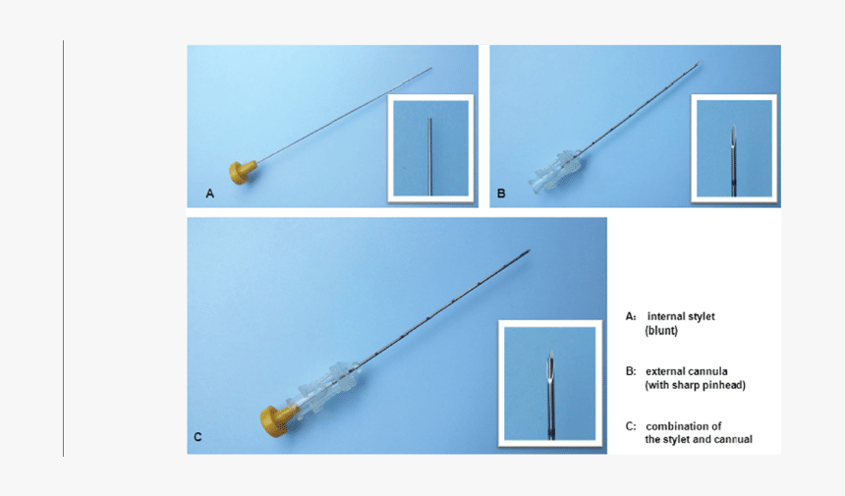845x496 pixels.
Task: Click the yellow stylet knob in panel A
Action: (242, 172)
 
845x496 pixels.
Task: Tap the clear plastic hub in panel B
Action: (557, 172)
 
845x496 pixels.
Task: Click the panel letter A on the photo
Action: (209, 193)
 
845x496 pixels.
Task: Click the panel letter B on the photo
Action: (501, 193)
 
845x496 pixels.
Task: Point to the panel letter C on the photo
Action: (197, 437)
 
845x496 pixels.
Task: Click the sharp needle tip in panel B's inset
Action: (733, 126)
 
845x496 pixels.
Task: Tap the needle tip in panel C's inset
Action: (550, 352)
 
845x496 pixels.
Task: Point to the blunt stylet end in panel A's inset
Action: (429, 119)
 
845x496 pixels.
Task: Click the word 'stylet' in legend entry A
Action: (700, 316)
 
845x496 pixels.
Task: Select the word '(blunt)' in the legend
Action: (661, 331)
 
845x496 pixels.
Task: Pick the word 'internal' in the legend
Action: (664, 316)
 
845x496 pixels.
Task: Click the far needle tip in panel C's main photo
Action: (530, 250)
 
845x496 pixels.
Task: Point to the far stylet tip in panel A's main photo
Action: (431, 69)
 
